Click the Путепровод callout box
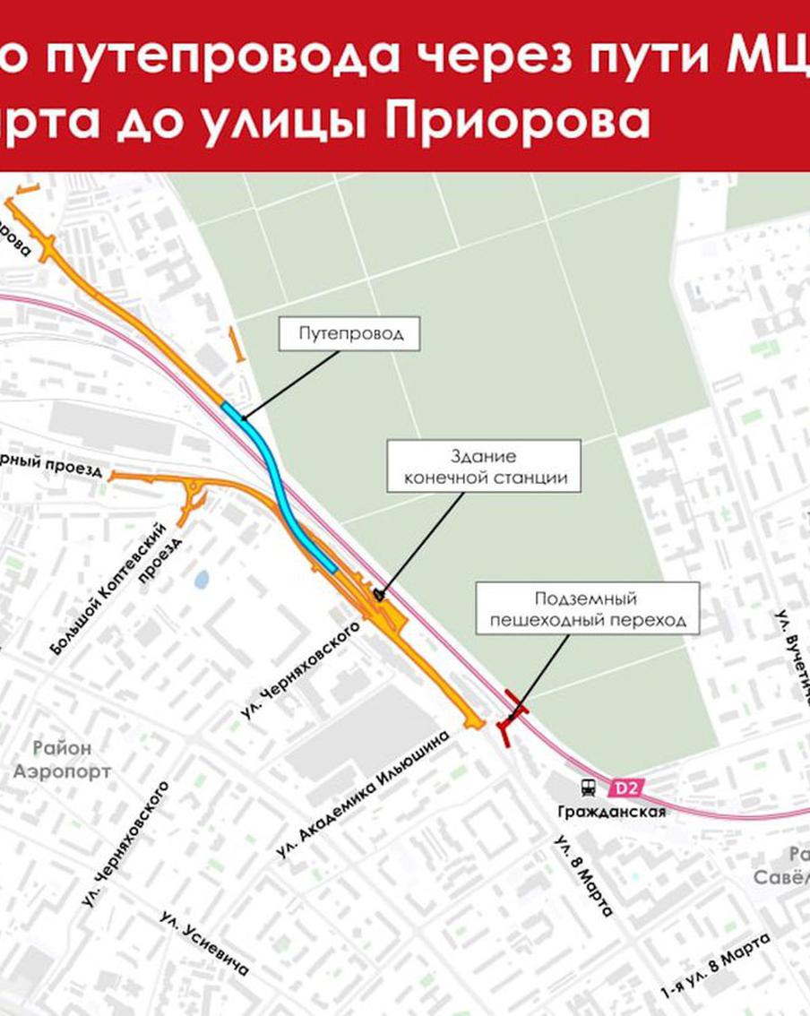tap(348, 334)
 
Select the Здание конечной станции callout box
tap(484, 467)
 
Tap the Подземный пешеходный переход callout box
tap(587, 608)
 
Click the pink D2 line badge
tap(625, 788)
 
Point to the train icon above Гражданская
tap(588, 788)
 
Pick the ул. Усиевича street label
tap(204, 943)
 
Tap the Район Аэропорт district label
tap(63, 759)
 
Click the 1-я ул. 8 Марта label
tap(716, 965)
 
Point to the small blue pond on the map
tap(202, 579)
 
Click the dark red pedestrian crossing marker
tap(509, 718)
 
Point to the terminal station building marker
tap(379, 594)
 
